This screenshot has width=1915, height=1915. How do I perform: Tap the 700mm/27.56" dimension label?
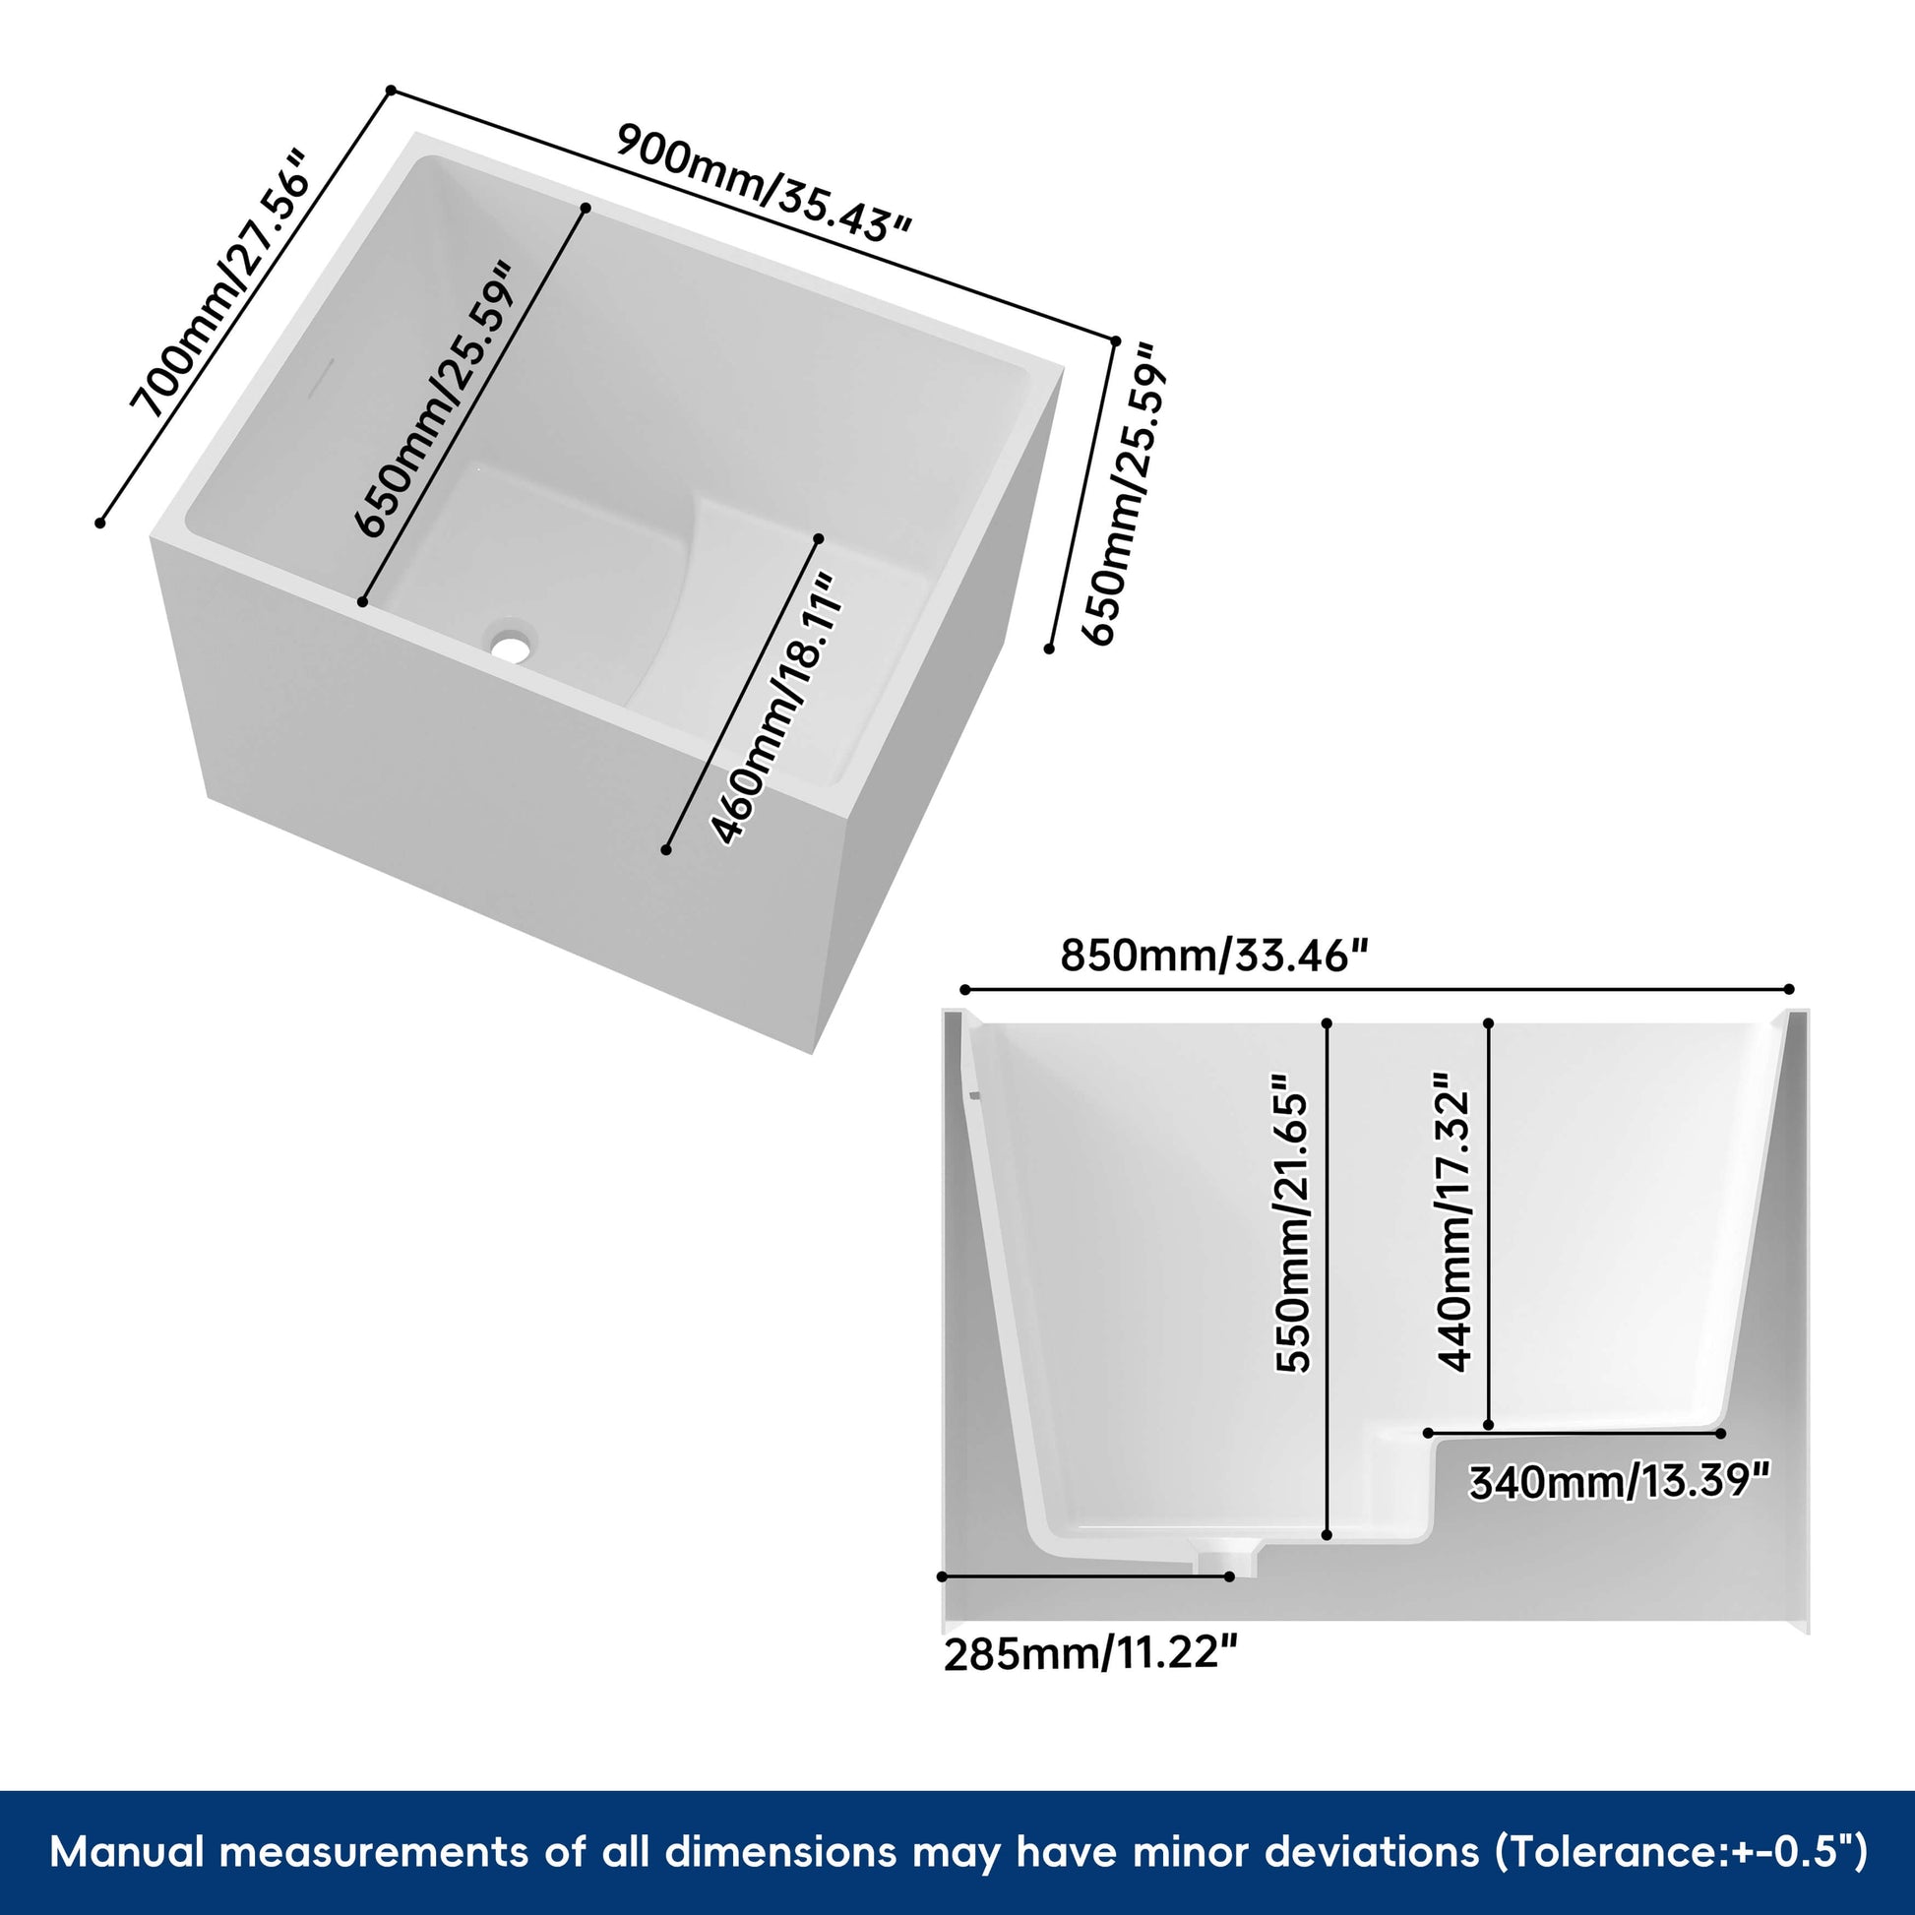(x=222, y=283)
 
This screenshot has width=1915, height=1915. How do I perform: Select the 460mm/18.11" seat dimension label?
(x=778, y=710)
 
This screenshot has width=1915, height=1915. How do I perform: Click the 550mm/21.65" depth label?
(x=1292, y=1223)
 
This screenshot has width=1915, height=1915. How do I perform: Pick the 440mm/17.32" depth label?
(x=1454, y=1221)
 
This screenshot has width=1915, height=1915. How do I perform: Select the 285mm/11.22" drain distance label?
(x=1090, y=1653)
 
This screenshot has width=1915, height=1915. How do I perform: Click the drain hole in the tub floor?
(x=511, y=648)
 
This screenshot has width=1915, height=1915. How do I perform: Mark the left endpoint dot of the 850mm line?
(x=964, y=989)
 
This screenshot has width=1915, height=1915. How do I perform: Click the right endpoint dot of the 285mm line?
(x=1230, y=1576)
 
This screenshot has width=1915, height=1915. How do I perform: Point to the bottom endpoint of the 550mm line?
(x=1328, y=1535)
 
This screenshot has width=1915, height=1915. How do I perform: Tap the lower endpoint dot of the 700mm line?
(x=100, y=523)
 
